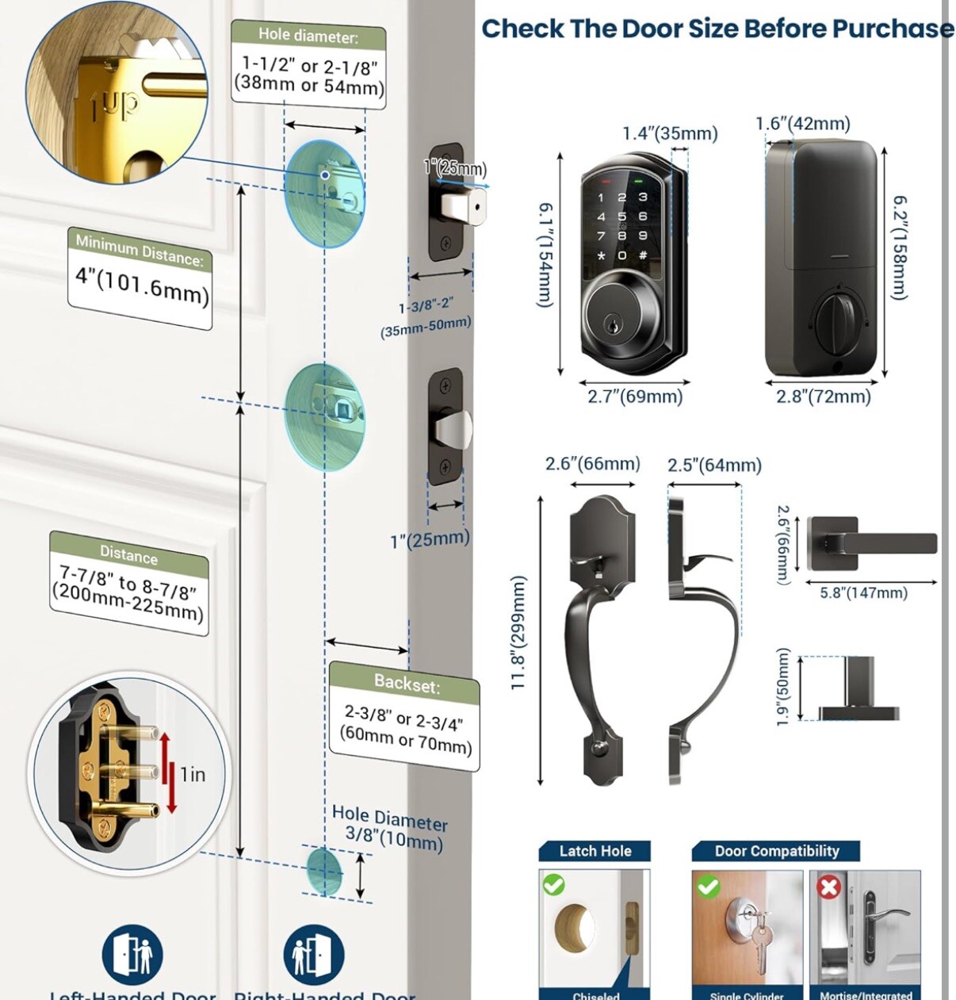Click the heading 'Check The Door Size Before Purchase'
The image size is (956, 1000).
(717, 29)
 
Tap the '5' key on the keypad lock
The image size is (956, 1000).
(621, 216)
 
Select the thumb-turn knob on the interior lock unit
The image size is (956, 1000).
(836, 323)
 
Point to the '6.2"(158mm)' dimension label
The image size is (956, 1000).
(900, 247)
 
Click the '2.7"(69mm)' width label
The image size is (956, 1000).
(634, 397)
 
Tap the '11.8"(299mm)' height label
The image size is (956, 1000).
(519, 632)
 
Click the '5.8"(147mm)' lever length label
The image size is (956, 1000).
(863, 592)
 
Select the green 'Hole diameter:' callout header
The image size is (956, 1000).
(308, 35)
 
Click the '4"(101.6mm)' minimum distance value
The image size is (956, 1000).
(142, 285)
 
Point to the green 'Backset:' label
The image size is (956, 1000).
(406, 684)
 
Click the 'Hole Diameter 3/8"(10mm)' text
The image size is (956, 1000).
(390, 826)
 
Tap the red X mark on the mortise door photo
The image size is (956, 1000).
(829, 886)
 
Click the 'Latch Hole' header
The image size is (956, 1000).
(595, 851)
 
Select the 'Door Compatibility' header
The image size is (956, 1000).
(776, 851)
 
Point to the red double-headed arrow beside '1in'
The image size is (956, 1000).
(167, 772)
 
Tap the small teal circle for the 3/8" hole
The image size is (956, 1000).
(323, 870)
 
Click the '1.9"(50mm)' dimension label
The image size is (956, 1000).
(783, 687)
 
